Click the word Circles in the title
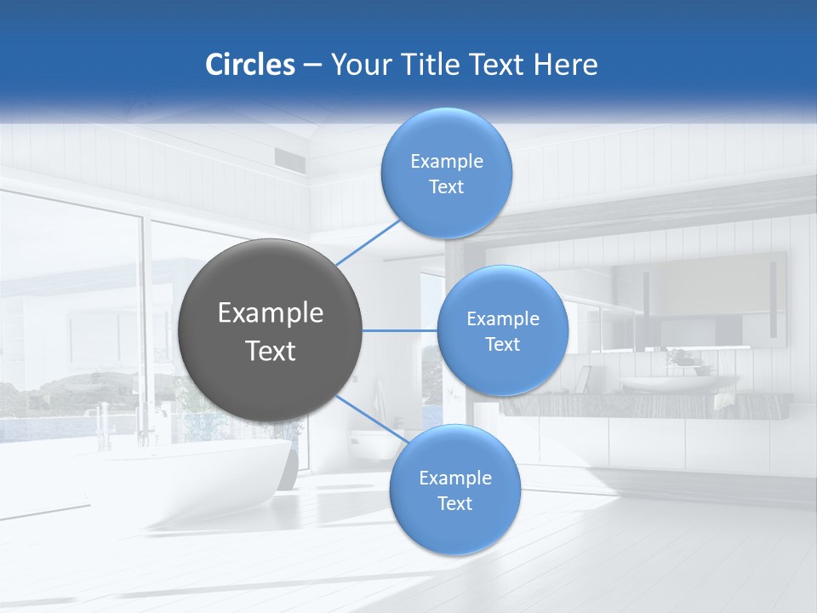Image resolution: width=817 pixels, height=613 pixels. coord(250,65)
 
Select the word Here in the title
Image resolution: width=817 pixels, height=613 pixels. coord(566,65)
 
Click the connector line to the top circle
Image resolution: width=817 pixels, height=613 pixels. coord(369,241)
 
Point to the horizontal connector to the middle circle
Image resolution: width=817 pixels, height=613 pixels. coord(399,330)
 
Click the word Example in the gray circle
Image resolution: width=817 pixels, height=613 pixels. coord(270,313)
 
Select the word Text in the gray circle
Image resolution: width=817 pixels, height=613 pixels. coord(270,351)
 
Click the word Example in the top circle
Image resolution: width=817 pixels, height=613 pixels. coord(446,161)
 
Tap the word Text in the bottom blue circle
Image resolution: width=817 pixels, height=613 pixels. coord(454,503)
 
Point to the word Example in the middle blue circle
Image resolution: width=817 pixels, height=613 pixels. coord(502,319)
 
